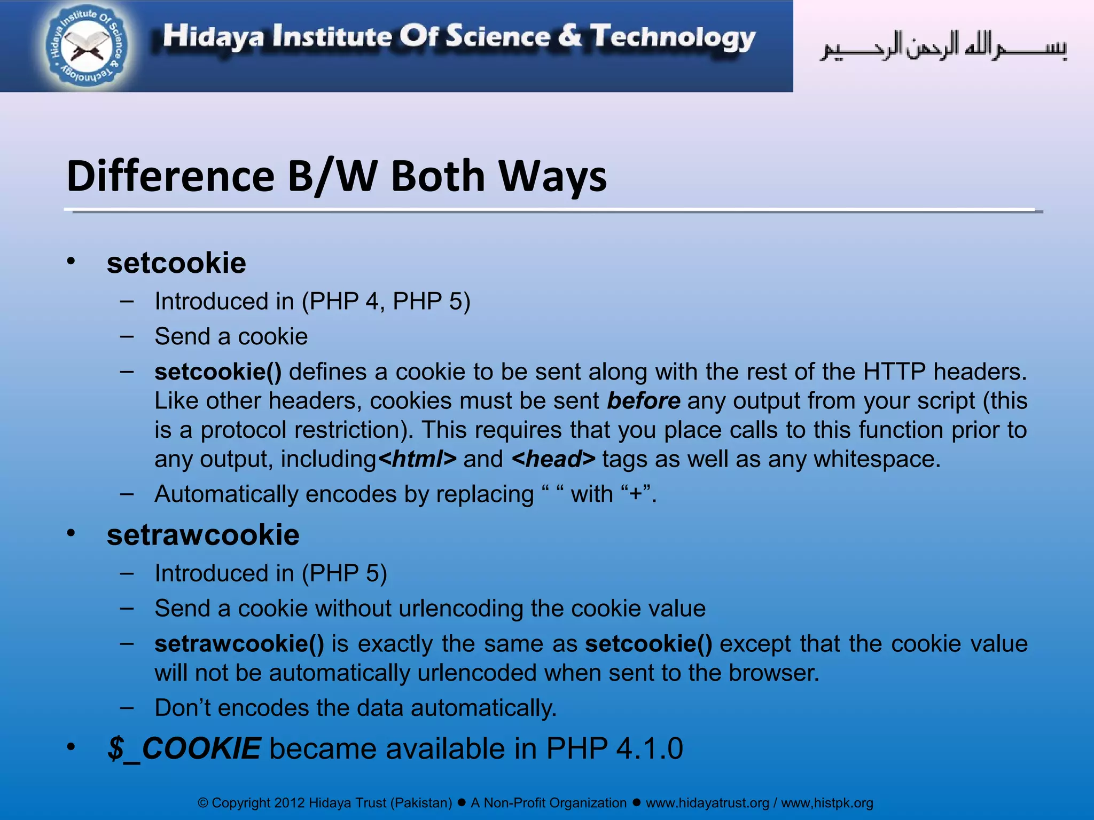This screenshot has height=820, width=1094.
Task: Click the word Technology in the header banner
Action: click(x=673, y=37)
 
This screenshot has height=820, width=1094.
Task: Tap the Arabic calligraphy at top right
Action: click(x=943, y=47)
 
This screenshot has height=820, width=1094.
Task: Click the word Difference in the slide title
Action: click(x=170, y=176)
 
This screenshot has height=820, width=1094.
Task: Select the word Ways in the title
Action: click(x=553, y=176)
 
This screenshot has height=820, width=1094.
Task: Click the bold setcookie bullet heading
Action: click(x=176, y=263)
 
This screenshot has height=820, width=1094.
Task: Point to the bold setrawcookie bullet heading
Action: click(x=203, y=535)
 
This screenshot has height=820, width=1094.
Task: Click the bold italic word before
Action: click(x=644, y=401)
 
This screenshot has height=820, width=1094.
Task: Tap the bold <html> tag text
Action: click(x=417, y=459)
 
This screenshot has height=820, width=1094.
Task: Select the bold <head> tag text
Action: click(x=553, y=459)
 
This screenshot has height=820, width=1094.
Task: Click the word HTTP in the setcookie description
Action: click(x=894, y=372)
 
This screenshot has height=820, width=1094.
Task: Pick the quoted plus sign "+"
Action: click(x=636, y=494)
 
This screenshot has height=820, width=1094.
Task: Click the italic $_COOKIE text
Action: click(x=184, y=748)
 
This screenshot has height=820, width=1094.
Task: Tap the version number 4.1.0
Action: click(x=650, y=748)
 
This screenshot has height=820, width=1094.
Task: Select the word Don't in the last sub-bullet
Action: click(x=182, y=708)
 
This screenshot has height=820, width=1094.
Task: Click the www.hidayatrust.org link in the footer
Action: click(x=707, y=803)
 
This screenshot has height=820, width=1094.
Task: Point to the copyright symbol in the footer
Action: click(x=202, y=803)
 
